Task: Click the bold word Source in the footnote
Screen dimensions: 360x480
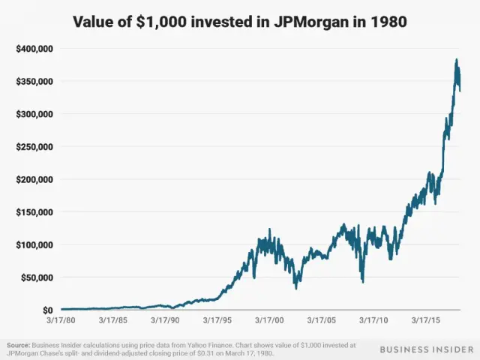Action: click(19, 345)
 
